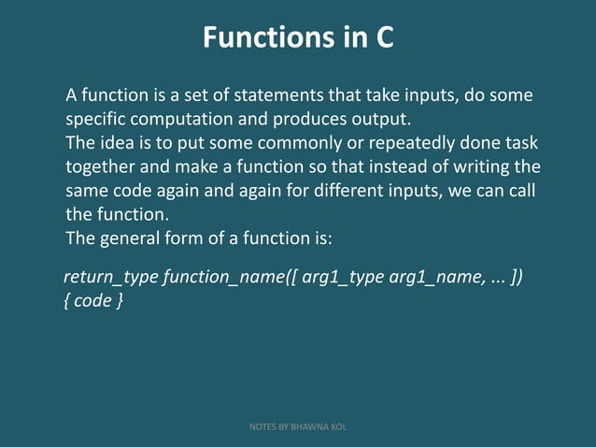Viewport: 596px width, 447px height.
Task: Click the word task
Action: (x=520, y=144)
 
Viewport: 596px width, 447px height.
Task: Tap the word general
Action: (x=136, y=238)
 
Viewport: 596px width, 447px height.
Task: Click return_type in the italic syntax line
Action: (x=110, y=279)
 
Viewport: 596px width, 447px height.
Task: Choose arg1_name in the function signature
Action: (x=434, y=279)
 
